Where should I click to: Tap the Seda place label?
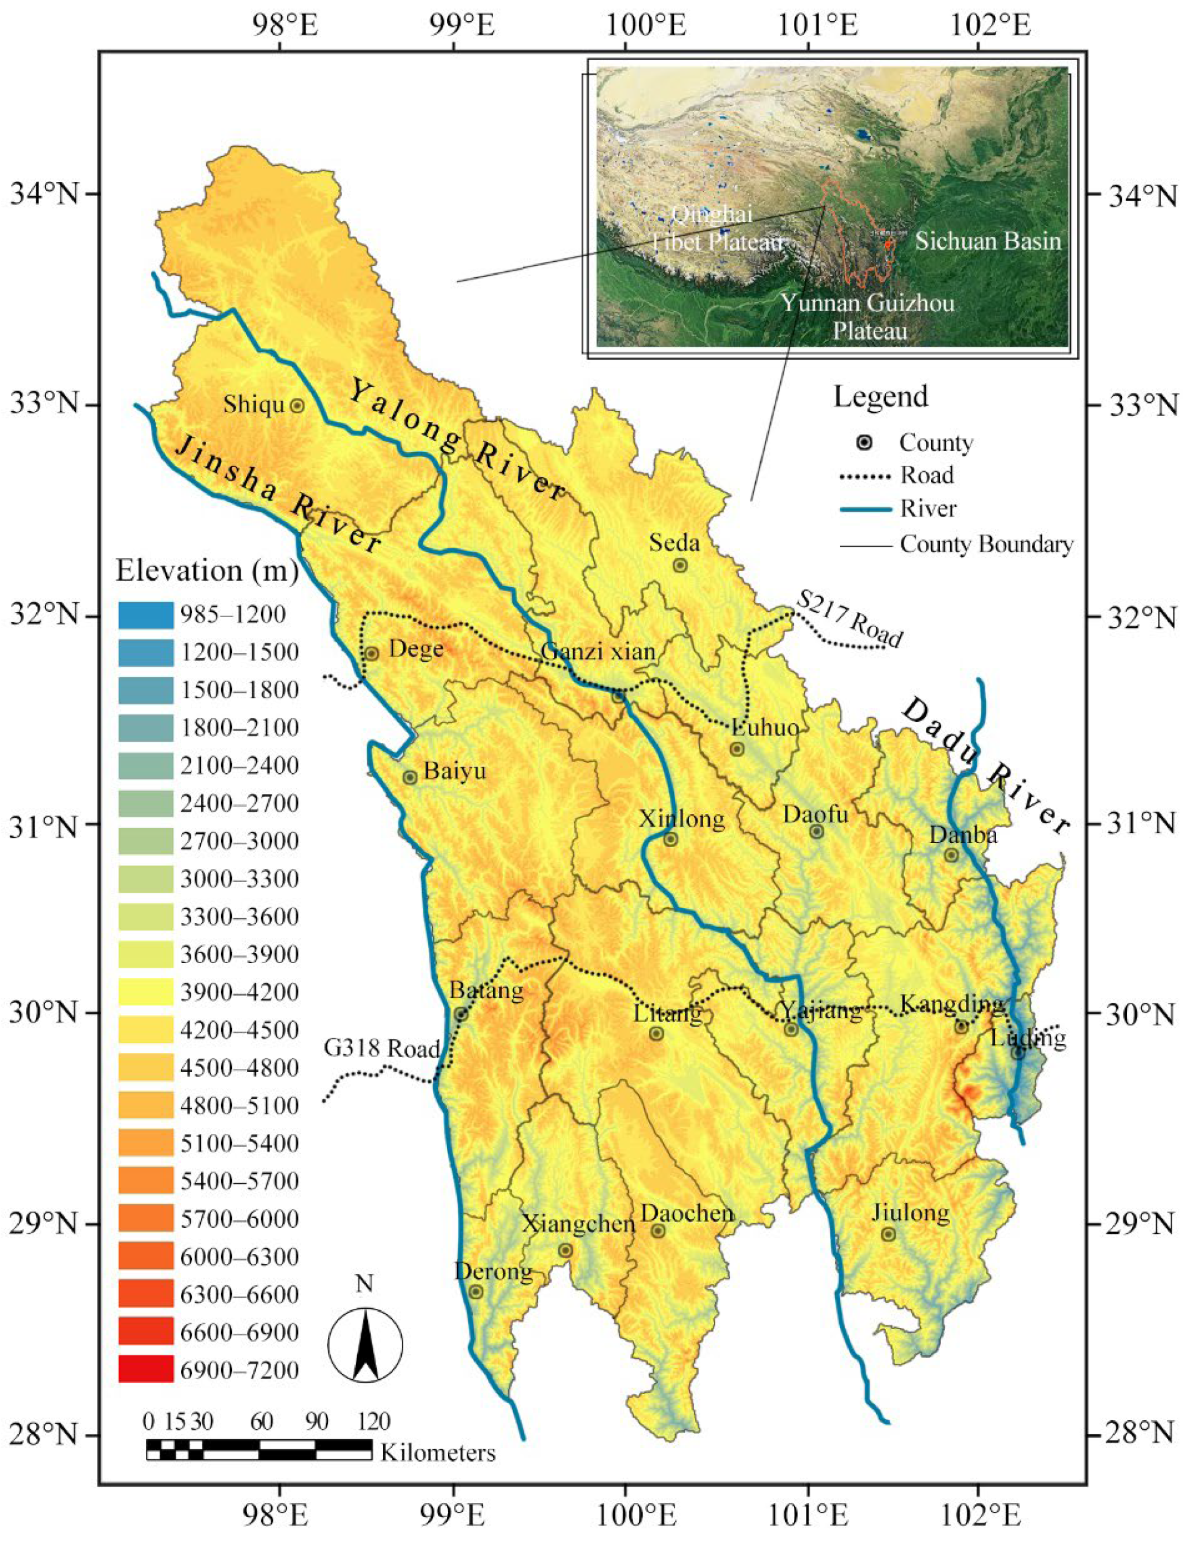tap(675, 543)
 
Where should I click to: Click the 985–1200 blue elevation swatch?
tap(146, 614)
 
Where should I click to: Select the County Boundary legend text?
tap(987, 544)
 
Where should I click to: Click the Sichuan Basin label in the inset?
tap(988, 241)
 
